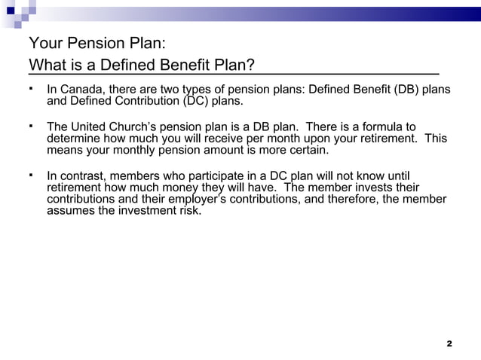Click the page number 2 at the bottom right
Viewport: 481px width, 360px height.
point(449,343)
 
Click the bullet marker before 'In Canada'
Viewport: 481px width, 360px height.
point(32,88)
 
